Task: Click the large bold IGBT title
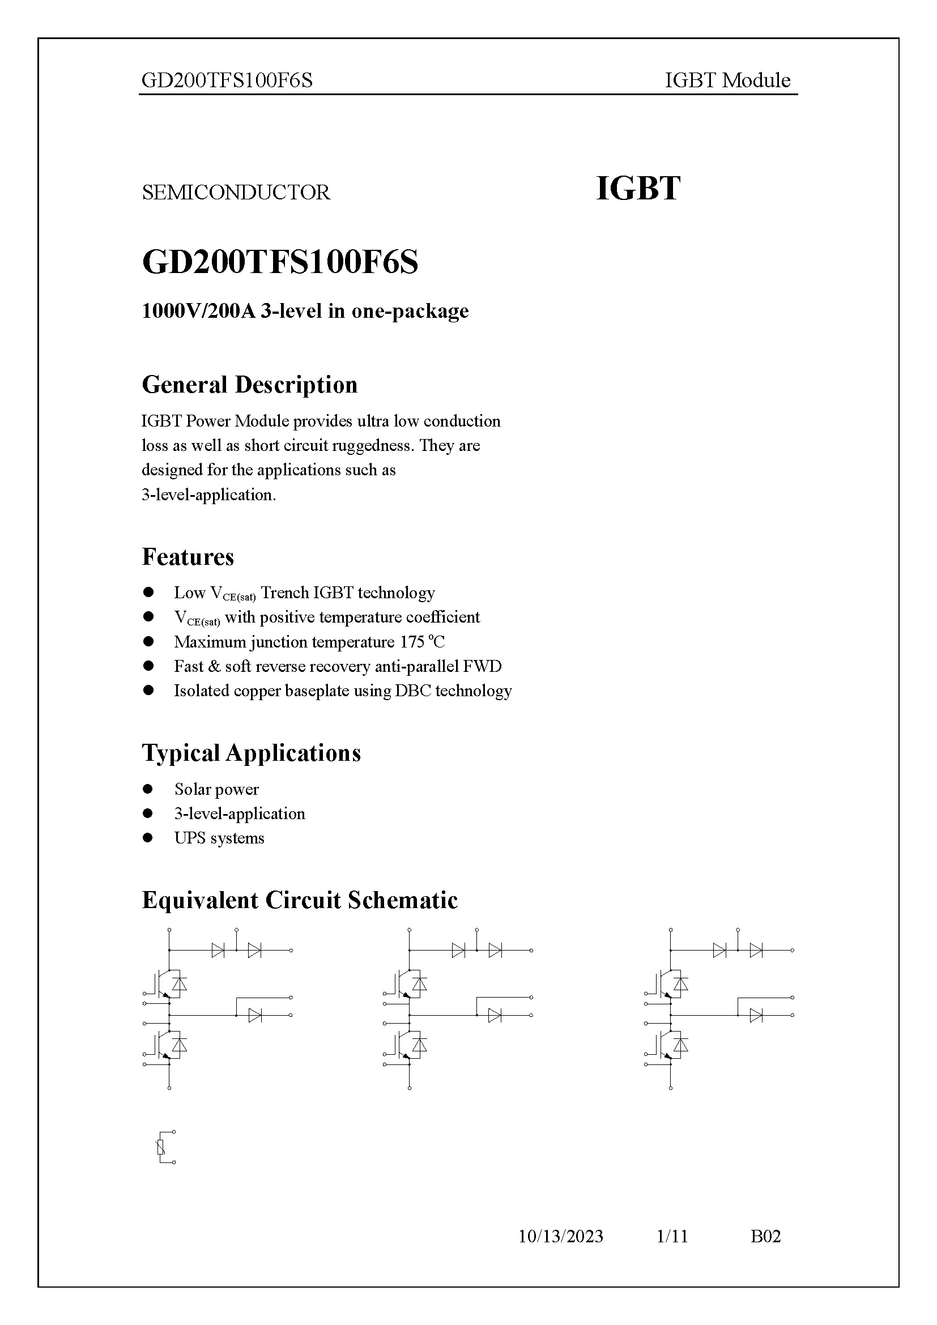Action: [637, 189]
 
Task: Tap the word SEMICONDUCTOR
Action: [236, 192]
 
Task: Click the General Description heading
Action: [249, 385]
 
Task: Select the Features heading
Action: [188, 557]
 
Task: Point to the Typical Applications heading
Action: [251, 753]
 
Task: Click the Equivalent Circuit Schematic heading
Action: [300, 900]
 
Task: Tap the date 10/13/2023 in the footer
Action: [560, 1236]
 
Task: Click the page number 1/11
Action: [672, 1236]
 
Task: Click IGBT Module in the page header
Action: [727, 80]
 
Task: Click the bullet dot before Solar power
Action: [148, 789]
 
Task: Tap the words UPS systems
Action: [219, 838]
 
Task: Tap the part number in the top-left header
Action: [227, 80]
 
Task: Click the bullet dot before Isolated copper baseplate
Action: [148, 691]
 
